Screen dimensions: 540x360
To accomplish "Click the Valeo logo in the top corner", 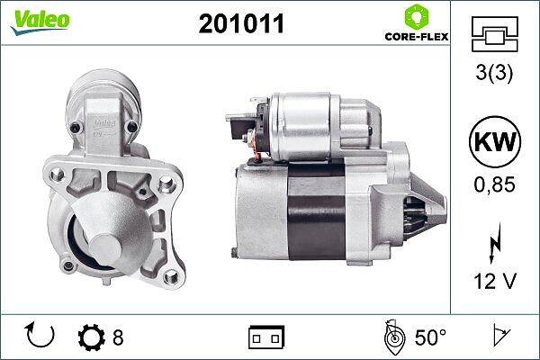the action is click(x=40, y=22).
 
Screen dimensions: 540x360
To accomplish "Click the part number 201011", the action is click(x=241, y=23).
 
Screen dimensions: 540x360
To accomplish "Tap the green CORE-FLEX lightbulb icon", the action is click(x=417, y=17).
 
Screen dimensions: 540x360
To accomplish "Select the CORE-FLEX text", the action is click(x=417, y=37).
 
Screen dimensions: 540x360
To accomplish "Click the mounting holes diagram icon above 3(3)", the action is click(x=494, y=34).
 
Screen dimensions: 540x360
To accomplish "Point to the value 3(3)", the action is click(x=494, y=73).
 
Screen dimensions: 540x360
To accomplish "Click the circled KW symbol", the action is click(x=495, y=141).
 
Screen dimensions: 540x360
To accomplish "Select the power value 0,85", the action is click(x=494, y=184).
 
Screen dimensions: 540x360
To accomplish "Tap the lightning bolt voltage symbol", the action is click(x=495, y=243).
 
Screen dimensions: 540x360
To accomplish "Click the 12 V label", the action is click(x=495, y=281).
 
